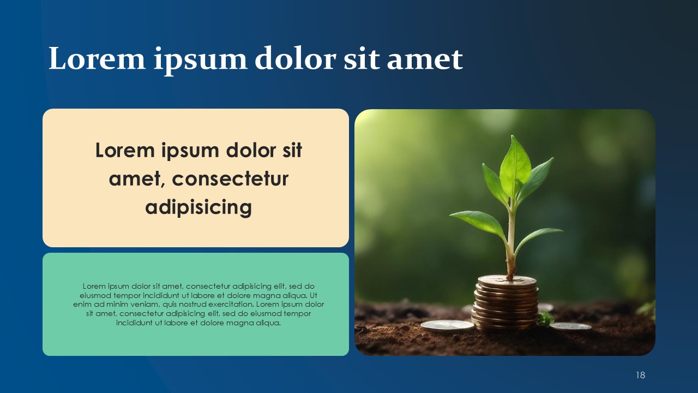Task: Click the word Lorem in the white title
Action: [97, 58]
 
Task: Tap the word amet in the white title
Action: [425, 59]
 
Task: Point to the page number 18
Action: [640, 375]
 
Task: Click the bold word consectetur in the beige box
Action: [230, 178]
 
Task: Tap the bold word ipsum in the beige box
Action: [190, 151]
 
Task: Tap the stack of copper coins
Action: [506, 302]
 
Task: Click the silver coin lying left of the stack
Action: [448, 326]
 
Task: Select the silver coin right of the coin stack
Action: [570, 326]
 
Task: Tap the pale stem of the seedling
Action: [510, 240]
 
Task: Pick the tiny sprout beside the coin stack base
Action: [546, 319]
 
